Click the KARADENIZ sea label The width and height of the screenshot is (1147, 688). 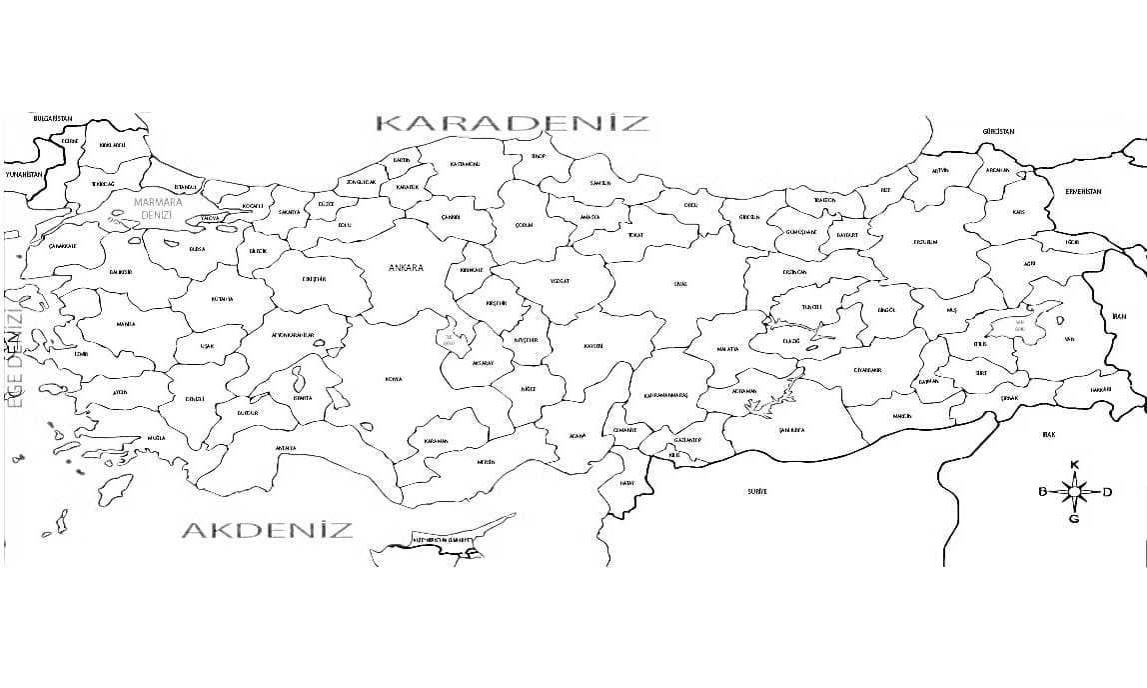pyautogui.click(x=512, y=123)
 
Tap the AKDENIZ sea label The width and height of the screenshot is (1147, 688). pyautogui.click(x=267, y=529)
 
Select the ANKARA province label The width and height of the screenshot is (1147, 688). pyautogui.click(x=407, y=268)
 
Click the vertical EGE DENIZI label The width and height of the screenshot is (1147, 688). pyautogui.click(x=14, y=355)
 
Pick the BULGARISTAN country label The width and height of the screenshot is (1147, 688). pyautogui.click(x=54, y=118)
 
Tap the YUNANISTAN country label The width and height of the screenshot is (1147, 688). pyautogui.click(x=25, y=174)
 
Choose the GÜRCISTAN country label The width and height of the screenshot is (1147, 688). pyautogui.click(x=997, y=132)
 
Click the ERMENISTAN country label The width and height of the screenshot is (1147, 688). pyautogui.click(x=1082, y=191)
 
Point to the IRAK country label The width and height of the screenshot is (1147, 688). pyautogui.click(x=1048, y=435)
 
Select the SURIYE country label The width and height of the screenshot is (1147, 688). pyautogui.click(x=756, y=492)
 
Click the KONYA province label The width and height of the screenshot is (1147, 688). pyautogui.click(x=393, y=379)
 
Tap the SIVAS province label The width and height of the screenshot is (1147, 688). pyautogui.click(x=680, y=284)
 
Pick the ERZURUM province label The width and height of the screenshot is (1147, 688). pyautogui.click(x=925, y=242)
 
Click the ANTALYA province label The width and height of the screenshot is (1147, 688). pyautogui.click(x=286, y=448)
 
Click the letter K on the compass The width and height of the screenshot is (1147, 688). pyautogui.click(x=1075, y=465)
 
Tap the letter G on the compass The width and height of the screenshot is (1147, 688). pyautogui.click(x=1075, y=518)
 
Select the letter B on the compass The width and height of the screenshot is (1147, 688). pyautogui.click(x=1042, y=491)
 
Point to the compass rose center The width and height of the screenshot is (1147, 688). pyautogui.click(x=1075, y=491)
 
